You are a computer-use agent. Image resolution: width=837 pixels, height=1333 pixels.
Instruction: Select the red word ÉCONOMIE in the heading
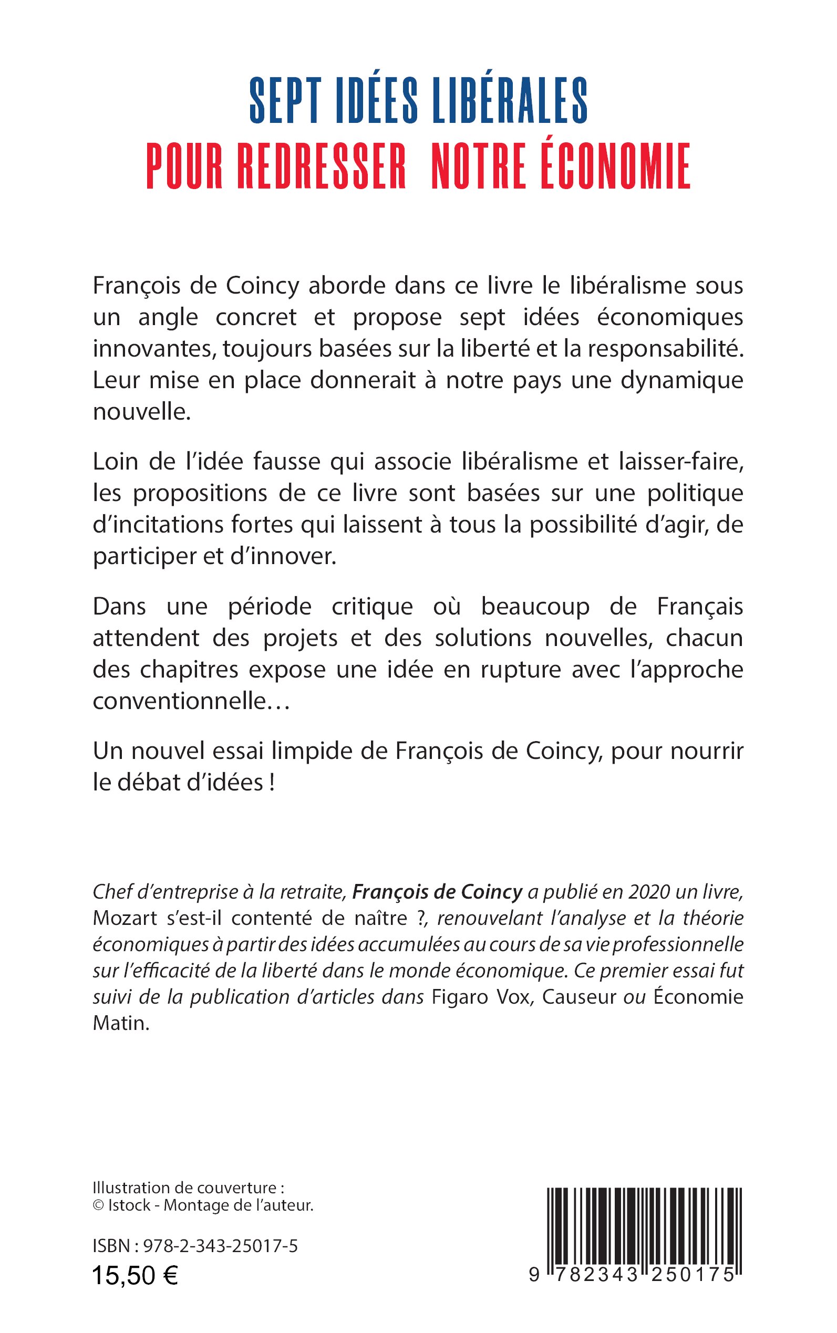616,166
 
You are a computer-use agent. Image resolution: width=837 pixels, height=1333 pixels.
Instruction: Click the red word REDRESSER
322,166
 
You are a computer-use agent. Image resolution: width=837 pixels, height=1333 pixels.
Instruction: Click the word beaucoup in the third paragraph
535,607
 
